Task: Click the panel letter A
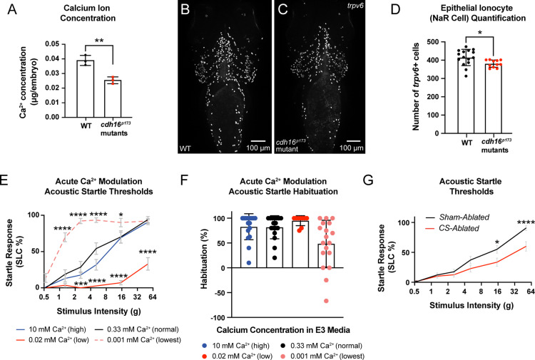click(x=8, y=9)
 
